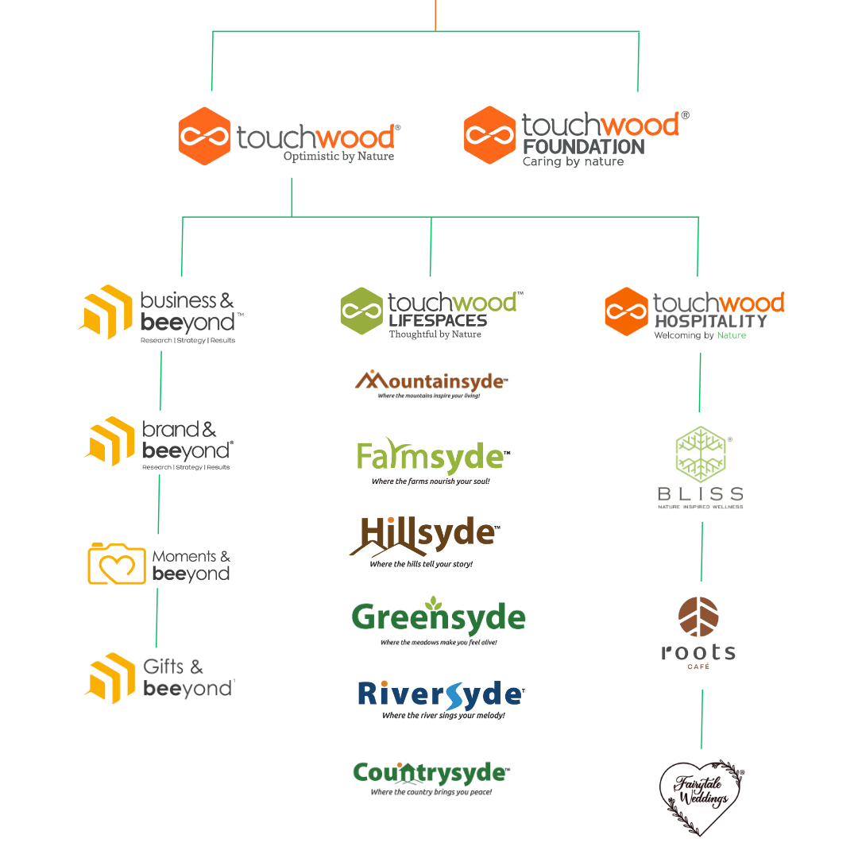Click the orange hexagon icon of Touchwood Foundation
[x=488, y=135]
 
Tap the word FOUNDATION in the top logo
[x=583, y=147]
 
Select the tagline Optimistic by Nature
[x=338, y=157]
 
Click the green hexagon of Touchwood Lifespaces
[x=361, y=311]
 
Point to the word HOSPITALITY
[x=710, y=321]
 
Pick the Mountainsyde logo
[x=430, y=382]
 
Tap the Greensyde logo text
[x=439, y=618]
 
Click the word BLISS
[x=701, y=494]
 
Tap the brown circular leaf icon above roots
[x=698, y=618]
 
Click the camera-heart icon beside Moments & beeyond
[x=116, y=563]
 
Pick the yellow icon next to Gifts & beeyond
[x=110, y=677]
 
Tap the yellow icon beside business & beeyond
[x=106, y=311]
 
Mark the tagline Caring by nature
[x=573, y=162]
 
